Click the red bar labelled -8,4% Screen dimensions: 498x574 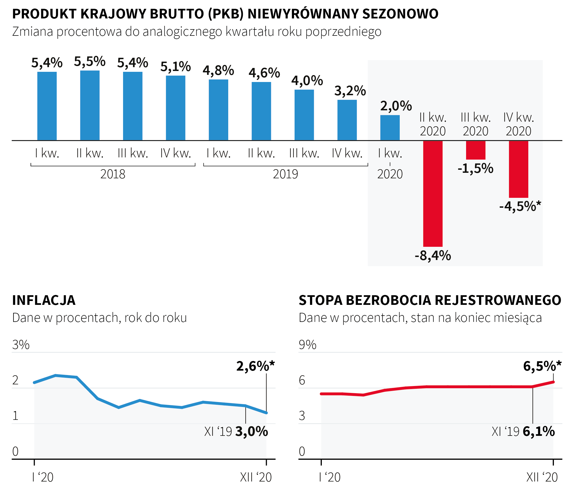(x=433, y=193)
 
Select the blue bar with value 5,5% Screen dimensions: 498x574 (x=90, y=105)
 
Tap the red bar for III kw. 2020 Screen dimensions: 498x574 (x=475, y=150)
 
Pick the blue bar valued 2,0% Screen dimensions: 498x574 (x=390, y=128)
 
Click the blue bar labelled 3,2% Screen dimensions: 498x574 (x=347, y=120)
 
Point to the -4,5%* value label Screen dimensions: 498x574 (x=520, y=206)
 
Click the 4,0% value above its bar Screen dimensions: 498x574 (x=307, y=81)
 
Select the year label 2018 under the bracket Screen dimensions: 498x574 (x=113, y=174)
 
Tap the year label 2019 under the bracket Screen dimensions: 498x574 (x=285, y=174)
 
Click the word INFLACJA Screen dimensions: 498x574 (x=44, y=300)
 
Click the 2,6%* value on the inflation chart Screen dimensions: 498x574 (x=255, y=366)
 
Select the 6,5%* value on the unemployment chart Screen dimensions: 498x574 (x=542, y=366)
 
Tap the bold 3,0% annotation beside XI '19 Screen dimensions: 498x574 (x=251, y=432)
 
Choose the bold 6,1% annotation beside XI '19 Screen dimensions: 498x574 (x=538, y=432)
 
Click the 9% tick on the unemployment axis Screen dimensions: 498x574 (x=307, y=345)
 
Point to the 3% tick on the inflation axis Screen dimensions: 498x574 (x=21, y=345)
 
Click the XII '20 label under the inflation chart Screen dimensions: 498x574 (x=255, y=477)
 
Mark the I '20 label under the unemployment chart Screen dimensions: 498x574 (x=330, y=477)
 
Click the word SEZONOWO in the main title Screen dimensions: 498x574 (x=400, y=14)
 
